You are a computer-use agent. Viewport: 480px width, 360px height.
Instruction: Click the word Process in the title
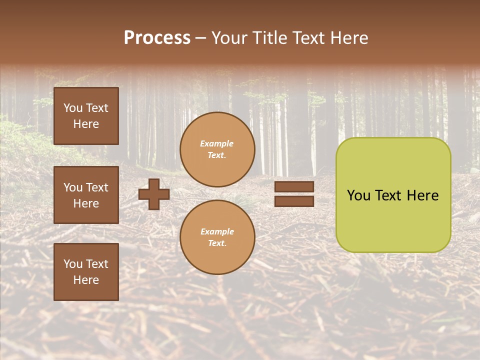click(x=157, y=38)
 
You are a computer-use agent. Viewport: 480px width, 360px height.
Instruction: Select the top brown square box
click(x=86, y=116)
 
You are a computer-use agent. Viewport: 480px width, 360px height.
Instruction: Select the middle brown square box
click(x=86, y=195)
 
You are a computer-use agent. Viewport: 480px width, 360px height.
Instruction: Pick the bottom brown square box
click(x=86, y=271)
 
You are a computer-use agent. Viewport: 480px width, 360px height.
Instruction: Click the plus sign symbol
click(x=154, y=194)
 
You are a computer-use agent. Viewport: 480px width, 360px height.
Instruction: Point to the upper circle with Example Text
click(x=217, y=149)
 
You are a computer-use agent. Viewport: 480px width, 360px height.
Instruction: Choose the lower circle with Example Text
click(x=217, y=237)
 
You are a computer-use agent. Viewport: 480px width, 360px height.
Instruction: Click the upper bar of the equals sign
click(x=294, y=186)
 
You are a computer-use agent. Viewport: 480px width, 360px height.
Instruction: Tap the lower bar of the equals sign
click(x=294, y=201)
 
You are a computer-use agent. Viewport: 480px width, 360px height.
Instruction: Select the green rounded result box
click(x=393, y=195)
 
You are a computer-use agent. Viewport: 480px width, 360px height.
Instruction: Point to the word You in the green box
click(x=358, y=195)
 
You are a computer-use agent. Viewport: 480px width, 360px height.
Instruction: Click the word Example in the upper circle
click(x=216, y=143)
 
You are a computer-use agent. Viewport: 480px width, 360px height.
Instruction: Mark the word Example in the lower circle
click(x=217, y=231)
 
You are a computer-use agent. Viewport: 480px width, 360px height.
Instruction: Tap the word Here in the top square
click(x=86, y=124)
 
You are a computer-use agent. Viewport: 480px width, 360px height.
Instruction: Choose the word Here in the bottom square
click(x=86, y=280)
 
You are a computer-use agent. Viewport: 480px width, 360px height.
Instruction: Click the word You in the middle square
click(x=72, y=187)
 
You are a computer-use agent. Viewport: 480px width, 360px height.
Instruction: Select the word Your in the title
click(x=227, y=38)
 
